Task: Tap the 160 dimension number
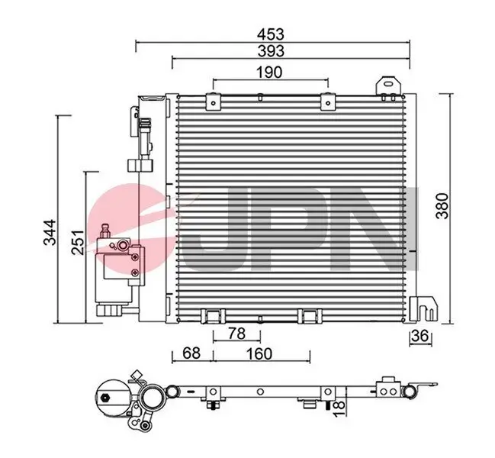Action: (x=259, y=353)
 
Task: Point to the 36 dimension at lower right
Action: (x=419, y=336)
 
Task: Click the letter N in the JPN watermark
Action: (x=385, y=229)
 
